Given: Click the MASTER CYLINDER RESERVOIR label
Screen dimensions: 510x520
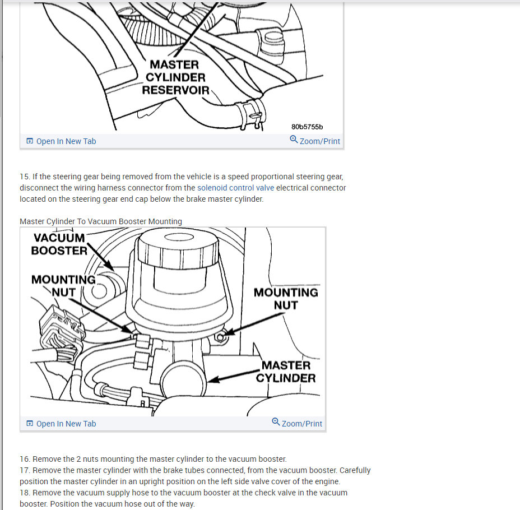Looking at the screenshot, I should pyautogui.click(x=175, y=77).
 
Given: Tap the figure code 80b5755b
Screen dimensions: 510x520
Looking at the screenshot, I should pyautogui.click(x=307, y=127).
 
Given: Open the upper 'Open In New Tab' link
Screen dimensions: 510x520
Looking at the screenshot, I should pyautogui.click(x=66, y=141).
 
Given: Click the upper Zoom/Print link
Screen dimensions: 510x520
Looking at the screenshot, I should pyautogui.click(x=319, y=141).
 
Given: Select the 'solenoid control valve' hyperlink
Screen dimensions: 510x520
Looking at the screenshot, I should pyautogui.click(x=235, y=188).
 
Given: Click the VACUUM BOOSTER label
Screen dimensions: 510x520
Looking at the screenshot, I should pyautogui.click(x=59, y=244).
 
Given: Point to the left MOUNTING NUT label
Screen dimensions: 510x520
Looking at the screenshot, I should pyautogui.click(x=63, y=285).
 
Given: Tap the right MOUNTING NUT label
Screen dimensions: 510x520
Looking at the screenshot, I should pyautogui.click(x=286, y=299).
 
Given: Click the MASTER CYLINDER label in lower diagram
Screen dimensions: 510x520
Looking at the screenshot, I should pyautogui.click(x=286, y=372).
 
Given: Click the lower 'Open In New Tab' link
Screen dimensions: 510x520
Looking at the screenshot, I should pyautogui.click(x=66, y=424).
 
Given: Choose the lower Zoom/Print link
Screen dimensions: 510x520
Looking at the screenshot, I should pyautogui.click(x=301, y=424).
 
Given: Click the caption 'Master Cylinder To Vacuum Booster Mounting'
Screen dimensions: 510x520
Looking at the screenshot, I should pyautogui.click(x=101, y=221).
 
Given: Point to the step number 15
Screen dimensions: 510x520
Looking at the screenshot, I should pyautogui.click(x=24, y=177).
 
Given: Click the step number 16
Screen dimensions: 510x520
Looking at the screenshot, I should pyautogui.click(x=24, y=459).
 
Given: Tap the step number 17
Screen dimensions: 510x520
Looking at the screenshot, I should pyautogui.click(x=24, y=470).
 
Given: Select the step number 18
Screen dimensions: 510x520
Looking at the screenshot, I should pyautogui.click(x=24, y=493).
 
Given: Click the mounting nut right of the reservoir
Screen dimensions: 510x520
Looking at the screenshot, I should pyautogui.click(x=221, y=337).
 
